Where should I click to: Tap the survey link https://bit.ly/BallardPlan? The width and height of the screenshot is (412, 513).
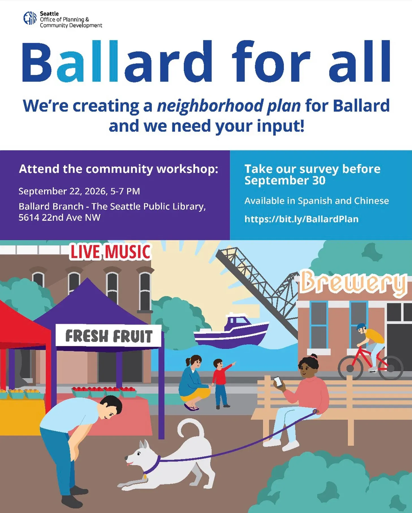coord(301,219)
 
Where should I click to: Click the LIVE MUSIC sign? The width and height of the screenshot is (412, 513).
coord(111,252)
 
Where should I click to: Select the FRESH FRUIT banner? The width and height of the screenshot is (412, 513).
coord(109,336)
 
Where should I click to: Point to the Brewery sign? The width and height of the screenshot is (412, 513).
coord(353,283)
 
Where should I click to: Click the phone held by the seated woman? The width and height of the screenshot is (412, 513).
coord(278,382)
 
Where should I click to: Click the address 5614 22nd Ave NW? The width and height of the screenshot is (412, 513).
coord(59,217)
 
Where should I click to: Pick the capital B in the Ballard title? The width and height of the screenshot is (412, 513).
coord(37,61)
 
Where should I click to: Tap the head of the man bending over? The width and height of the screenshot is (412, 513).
coord(110,407)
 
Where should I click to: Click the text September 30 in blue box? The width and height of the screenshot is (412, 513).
coord(285,181)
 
